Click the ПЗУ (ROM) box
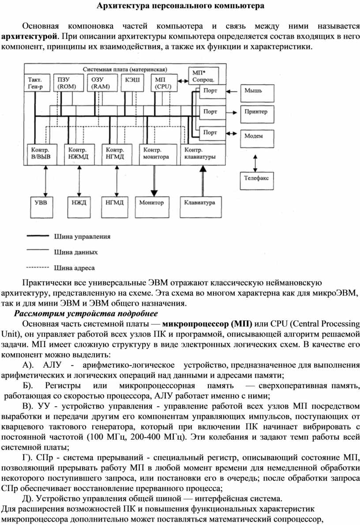pos(67,83)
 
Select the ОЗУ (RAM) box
pos(101,83)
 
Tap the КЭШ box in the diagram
pos(132,83)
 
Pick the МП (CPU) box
pos(163,83)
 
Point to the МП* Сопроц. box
pos(203,76)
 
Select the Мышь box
pos(257,93)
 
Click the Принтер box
pos(257,114)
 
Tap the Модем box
pos(257,138)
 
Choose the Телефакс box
pos(256,181)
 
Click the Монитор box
pos(152,208)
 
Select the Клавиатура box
pos(200,208)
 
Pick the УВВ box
pos(41,208)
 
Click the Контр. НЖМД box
pos(79,155)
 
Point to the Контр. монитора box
pos(158,155)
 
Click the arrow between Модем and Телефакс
pos(255,163)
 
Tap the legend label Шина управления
pos(82,236)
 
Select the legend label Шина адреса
pos(74,268)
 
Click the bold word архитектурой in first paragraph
pos(30,36)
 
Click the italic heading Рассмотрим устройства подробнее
pos(86,313)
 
